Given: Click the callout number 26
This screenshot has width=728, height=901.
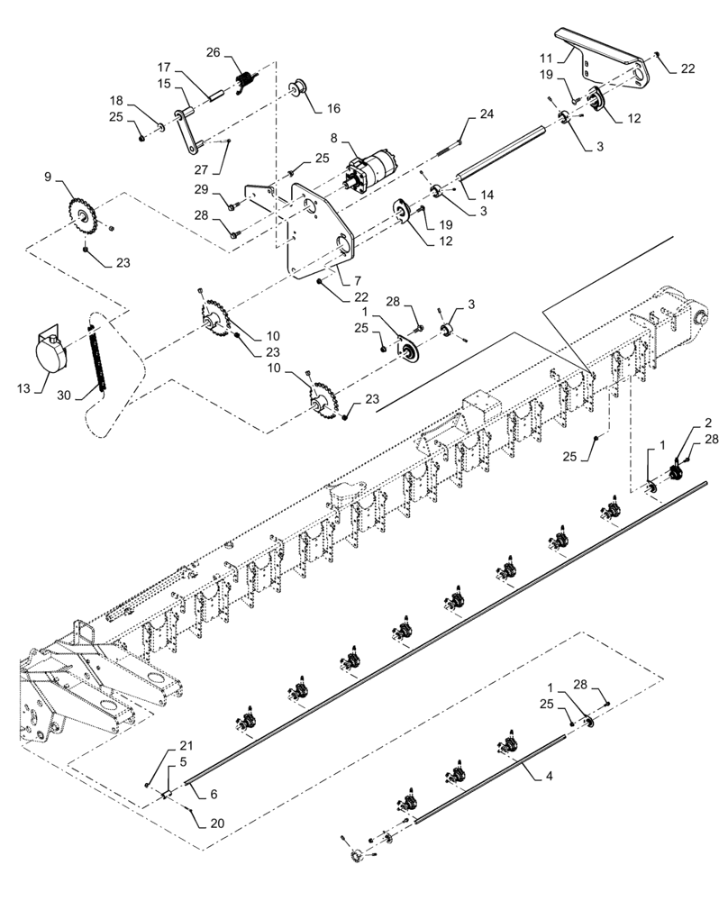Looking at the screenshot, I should (213, 51).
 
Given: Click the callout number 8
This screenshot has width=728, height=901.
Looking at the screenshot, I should (334, 139).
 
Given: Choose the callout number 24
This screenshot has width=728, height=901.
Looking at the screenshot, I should (487, 114).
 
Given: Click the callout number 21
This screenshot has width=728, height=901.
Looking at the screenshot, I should (186, 746).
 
